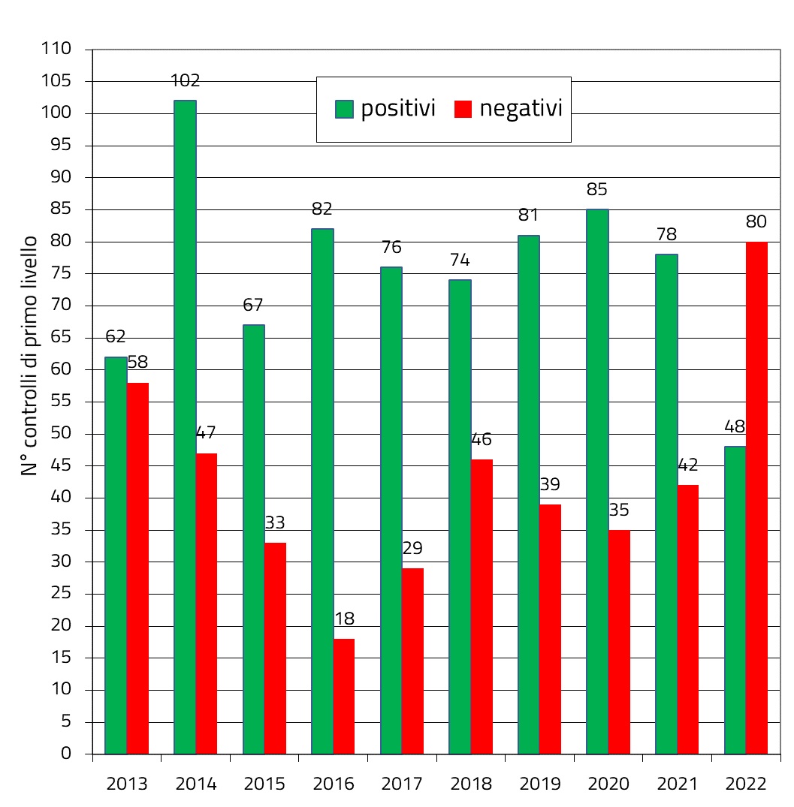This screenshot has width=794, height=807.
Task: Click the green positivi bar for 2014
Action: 185,426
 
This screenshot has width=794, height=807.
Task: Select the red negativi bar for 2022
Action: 756,497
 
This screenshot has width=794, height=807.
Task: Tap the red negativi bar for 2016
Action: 344,696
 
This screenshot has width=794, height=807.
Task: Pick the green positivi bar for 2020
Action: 597,481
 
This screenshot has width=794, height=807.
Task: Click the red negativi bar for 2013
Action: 137,568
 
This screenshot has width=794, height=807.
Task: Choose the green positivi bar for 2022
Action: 735,600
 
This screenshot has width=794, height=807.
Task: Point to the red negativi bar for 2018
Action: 482,606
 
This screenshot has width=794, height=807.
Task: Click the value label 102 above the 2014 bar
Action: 185,81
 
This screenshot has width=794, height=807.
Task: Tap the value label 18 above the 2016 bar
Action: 344,619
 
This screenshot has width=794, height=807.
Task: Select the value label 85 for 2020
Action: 597,190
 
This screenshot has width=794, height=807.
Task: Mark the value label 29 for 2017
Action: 412,549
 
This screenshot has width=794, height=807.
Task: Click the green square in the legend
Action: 344,110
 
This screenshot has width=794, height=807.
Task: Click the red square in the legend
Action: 463,110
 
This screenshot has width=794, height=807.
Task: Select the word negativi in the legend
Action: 521,109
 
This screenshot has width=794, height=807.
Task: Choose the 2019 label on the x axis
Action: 540,784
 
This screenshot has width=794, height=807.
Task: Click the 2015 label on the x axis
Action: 264,784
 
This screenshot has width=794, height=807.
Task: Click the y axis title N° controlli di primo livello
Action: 29,355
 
